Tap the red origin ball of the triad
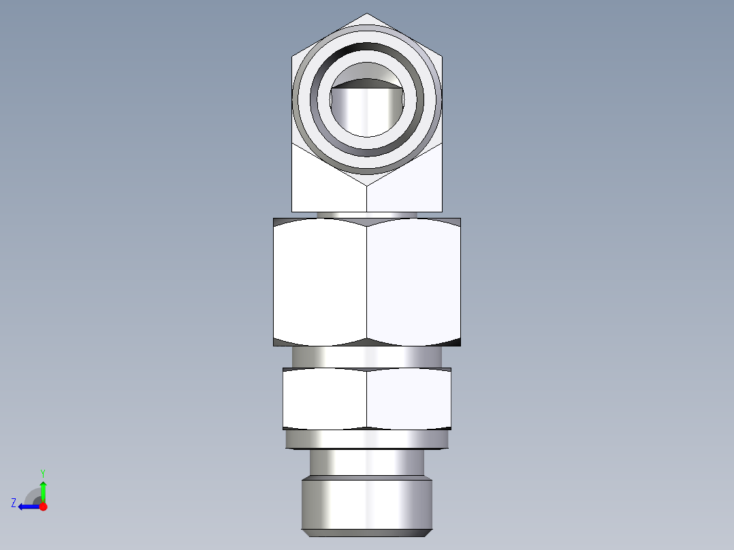coord(44,506)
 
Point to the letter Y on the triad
coord(42,472)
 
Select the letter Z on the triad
coord(14,503)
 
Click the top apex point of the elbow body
coord(367,14)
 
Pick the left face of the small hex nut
coord(325,400)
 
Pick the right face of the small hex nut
coord(409,400)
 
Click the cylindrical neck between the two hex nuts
coord(367,356)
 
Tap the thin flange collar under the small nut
coord(367,440)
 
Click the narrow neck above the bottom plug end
coord(367,462)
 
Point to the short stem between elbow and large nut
coord(367,214)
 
